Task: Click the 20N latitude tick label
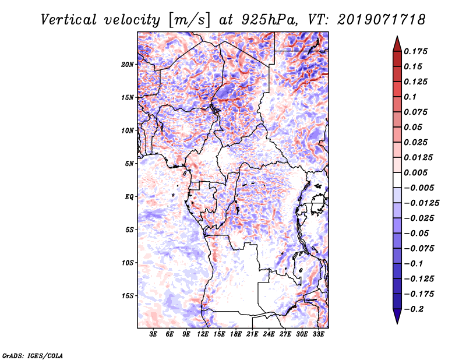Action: point(128,64)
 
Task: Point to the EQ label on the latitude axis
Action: point(129,196)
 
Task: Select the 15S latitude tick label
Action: point(128,295)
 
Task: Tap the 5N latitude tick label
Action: point(129,164)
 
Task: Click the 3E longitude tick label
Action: point(154,334)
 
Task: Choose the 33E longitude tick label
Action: point(319,334)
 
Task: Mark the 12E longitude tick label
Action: point(203,334)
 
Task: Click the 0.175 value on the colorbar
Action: point(417,51)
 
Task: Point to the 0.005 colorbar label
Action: point(417,172)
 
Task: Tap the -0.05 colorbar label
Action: point(417,233)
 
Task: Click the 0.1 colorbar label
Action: point(413,96)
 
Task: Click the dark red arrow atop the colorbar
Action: point(396,43)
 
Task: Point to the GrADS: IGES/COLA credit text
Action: point(32,355)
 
